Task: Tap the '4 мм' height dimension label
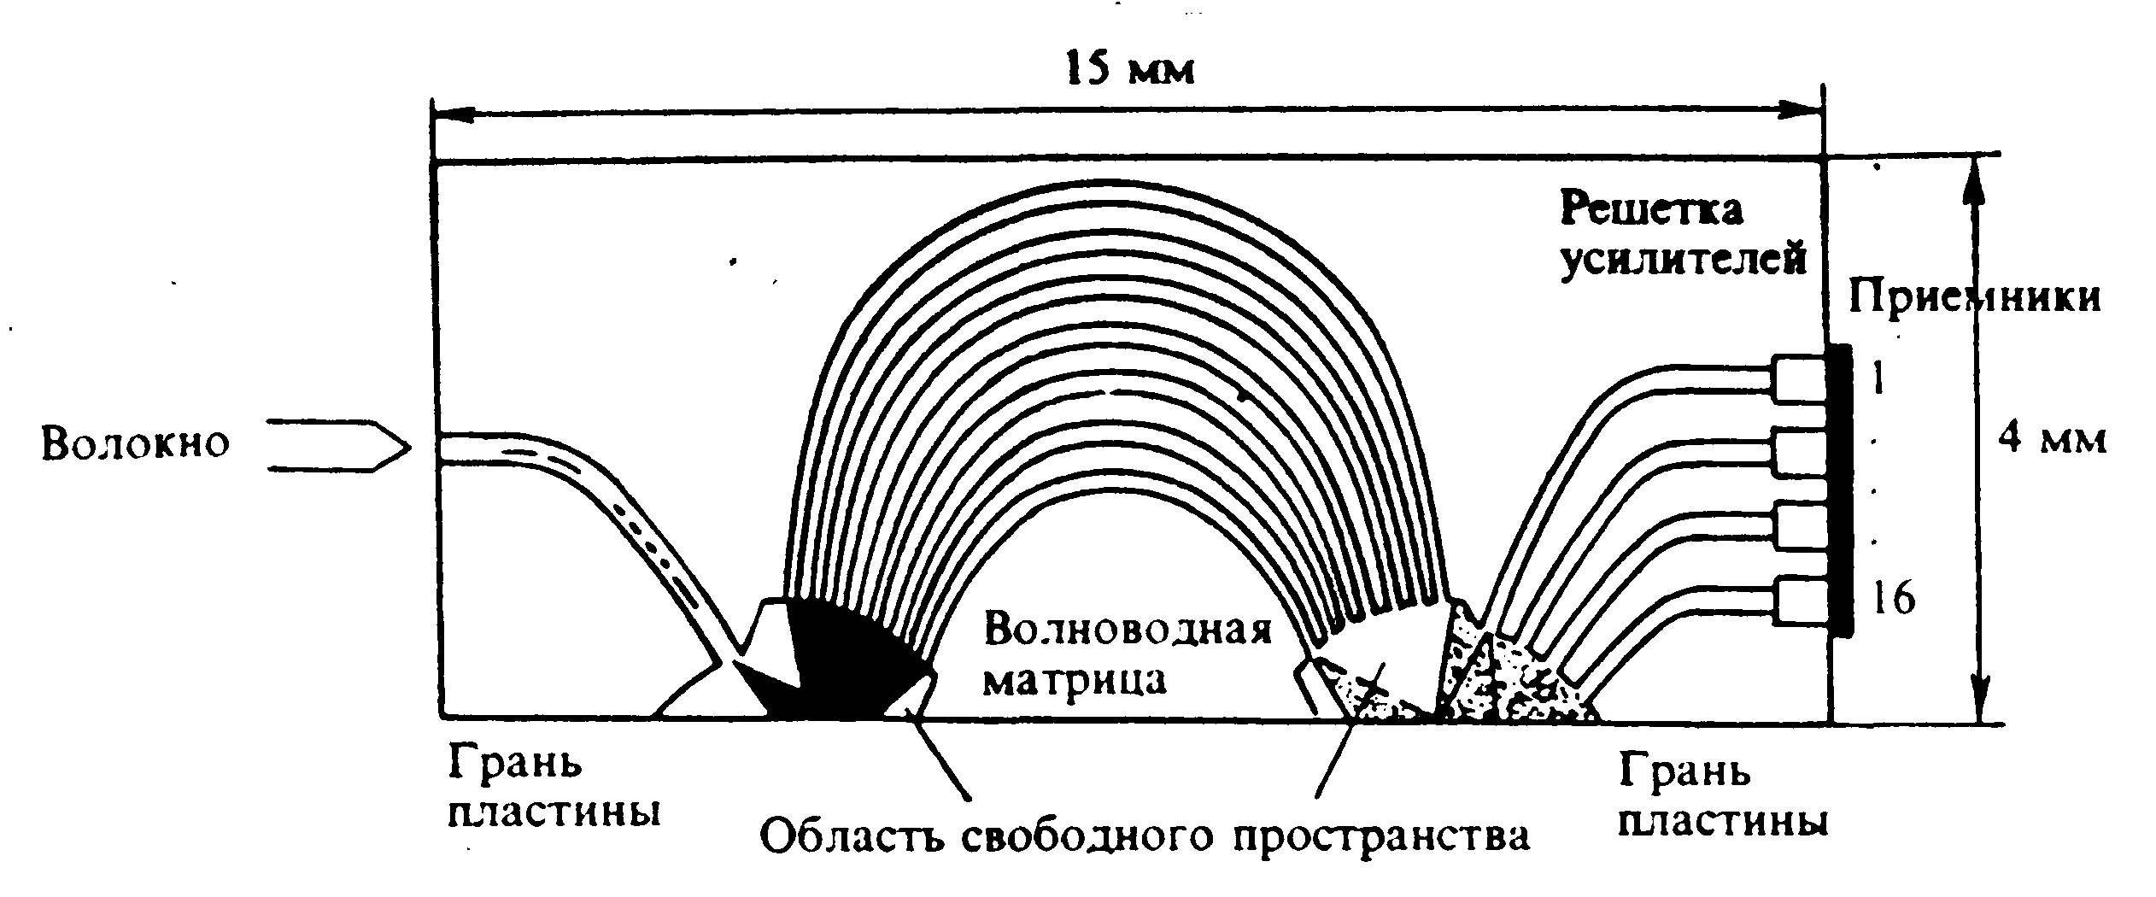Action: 2051,439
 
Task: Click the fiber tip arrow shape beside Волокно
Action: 337,444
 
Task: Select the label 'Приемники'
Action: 1973,297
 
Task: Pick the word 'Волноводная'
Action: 1128,630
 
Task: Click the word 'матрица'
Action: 1075,681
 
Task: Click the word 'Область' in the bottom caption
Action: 854,835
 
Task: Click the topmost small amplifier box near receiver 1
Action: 1801,378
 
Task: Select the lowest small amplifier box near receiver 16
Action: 1801,601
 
